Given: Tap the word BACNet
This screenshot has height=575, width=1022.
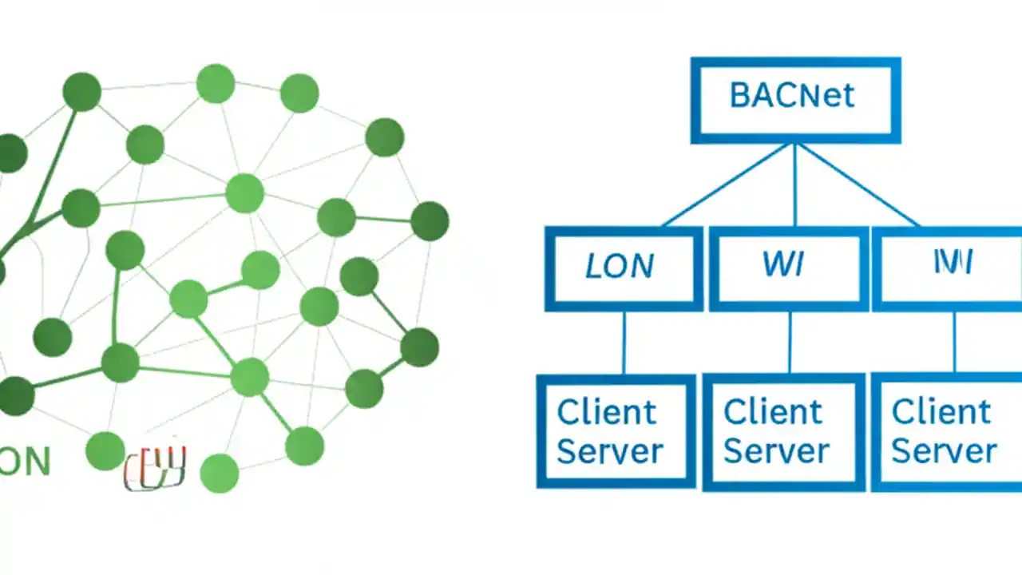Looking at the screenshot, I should coord(792,96).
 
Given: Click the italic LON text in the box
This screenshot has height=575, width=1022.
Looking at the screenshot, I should coord(620,266).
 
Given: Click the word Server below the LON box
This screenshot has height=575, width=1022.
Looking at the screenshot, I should coord(609,451).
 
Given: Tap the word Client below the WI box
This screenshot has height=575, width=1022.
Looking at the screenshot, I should coord(772,412).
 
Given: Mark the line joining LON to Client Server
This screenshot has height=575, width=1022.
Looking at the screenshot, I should coord(624,343).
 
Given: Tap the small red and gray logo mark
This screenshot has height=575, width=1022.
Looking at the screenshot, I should coord(156,467).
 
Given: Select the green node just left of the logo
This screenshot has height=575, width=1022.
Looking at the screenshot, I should coord(105,451).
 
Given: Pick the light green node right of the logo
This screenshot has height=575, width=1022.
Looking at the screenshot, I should coord(220,473).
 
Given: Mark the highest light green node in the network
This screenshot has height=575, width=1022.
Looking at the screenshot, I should coord(216,84).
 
